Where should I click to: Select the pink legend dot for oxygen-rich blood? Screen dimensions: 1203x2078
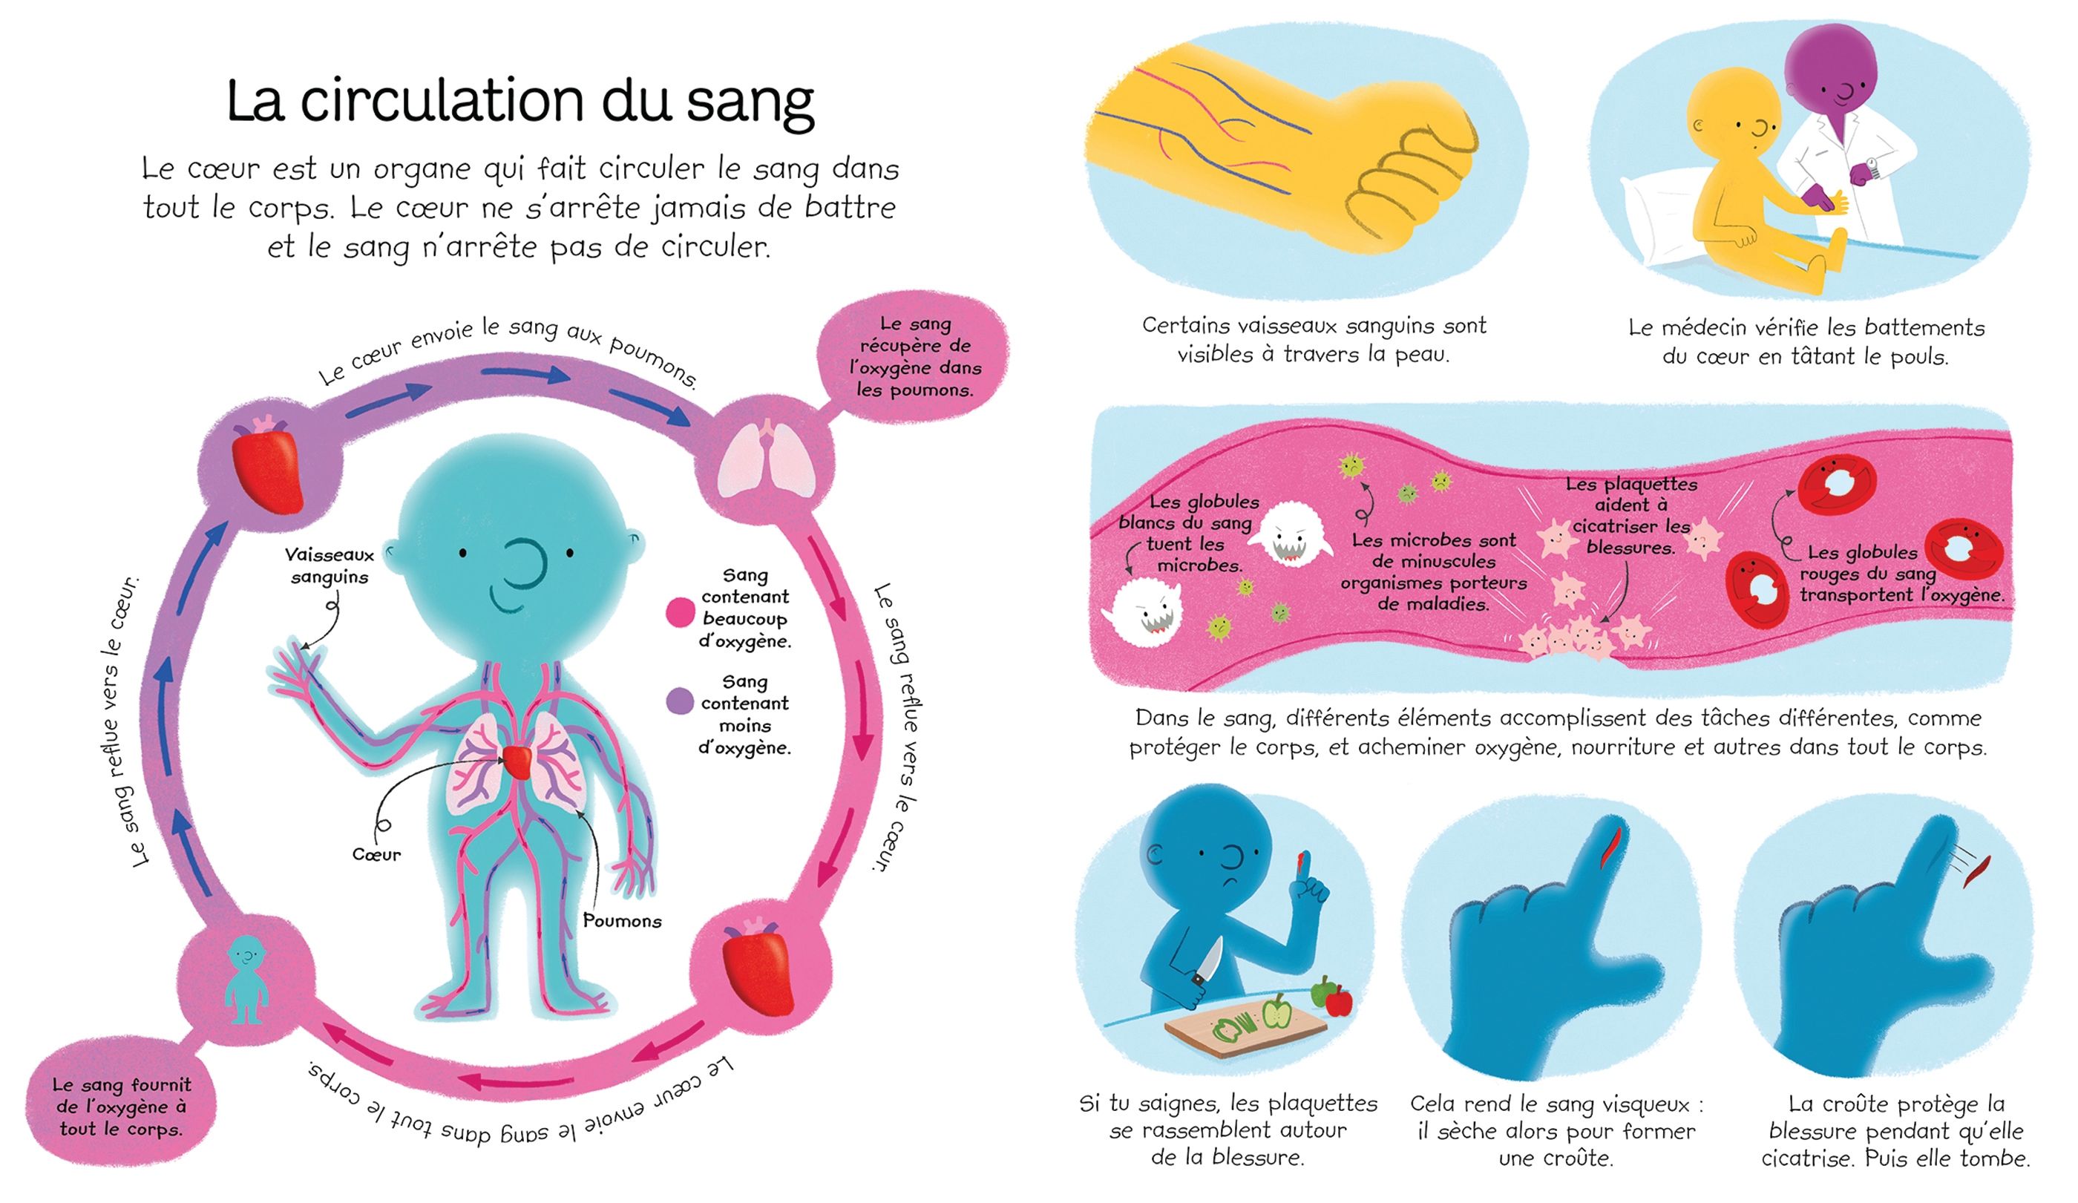tap(680, 612)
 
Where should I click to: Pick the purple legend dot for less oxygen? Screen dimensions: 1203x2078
tap(680, 701)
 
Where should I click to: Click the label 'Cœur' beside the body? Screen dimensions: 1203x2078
tap(376, 855)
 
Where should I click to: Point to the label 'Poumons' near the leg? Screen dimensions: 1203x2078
tap(622, 921)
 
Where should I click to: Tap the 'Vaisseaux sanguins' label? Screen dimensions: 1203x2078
tap(330, 566)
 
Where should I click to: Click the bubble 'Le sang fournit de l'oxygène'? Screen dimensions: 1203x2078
tap(120, 1107)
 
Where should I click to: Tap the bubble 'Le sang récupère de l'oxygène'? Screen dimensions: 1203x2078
tap(914, 356)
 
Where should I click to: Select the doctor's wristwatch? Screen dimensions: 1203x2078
tap(1872, 165)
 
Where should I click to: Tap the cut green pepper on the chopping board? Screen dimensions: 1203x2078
tap(1233, 1027)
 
